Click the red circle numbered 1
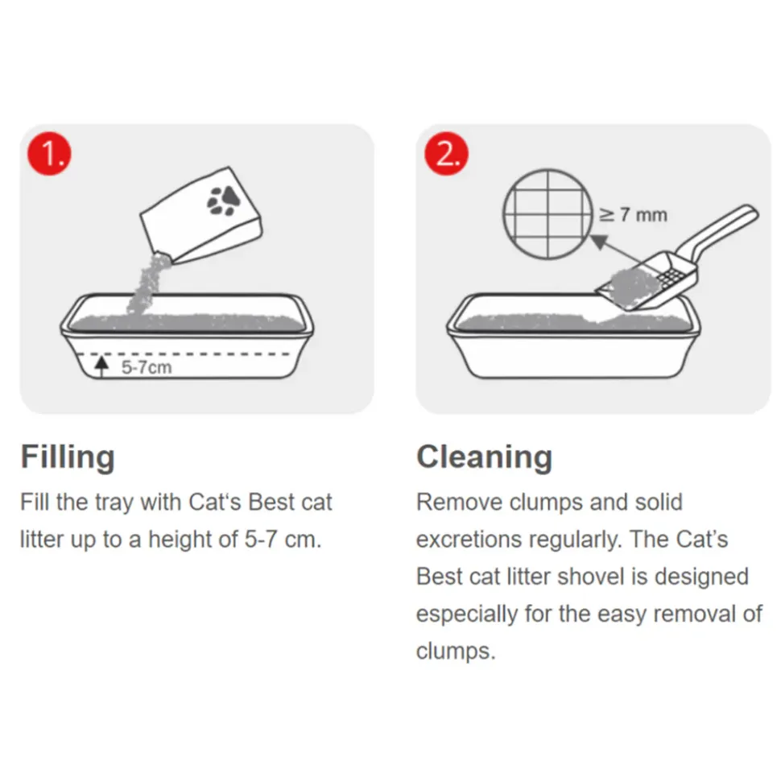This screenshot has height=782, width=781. point(49,154)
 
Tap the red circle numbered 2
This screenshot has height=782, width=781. point(446,154)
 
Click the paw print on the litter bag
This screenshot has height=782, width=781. point(223,201)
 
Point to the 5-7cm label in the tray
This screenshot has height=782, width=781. point(147,367)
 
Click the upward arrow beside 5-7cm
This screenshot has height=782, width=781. point(101,366)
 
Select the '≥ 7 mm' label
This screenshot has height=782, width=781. point(633,215)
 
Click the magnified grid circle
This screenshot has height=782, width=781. point(548,213)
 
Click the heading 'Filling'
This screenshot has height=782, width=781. point(68,457)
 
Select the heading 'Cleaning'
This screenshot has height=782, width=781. point(484,457)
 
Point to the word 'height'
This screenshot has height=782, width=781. point(183,539)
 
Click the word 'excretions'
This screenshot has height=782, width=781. point(469,540)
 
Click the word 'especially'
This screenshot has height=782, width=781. point(466,614)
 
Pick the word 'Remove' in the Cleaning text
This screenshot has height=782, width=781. point(459,503)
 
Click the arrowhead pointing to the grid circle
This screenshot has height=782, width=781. point(599,242)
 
